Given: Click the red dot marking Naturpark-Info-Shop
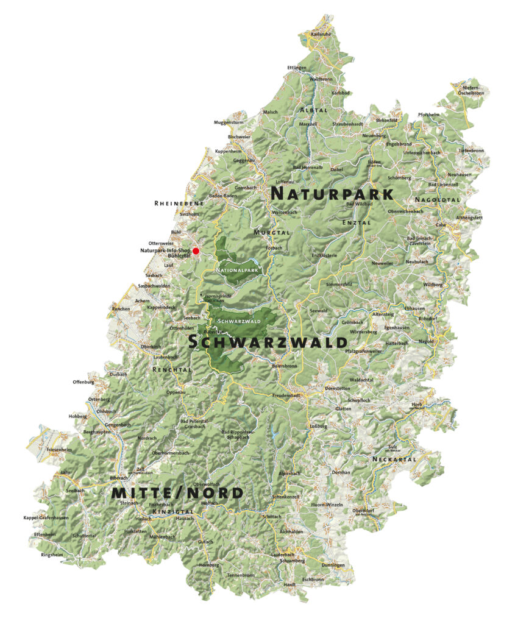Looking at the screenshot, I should coord(196,250).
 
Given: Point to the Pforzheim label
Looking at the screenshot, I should coord(428,115).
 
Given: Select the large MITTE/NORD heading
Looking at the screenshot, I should coord(177,493).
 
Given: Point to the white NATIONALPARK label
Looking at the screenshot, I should coord(238,269).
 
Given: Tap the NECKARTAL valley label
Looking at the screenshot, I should coord(394,459).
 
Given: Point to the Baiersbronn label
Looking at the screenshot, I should coord(284,366).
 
